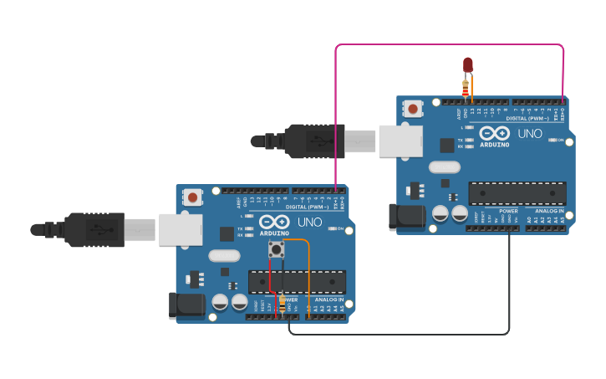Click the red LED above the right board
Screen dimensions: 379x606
click(x=467, y=64)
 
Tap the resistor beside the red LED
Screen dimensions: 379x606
click(x=466, y=87)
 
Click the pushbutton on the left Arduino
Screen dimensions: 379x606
click(x=276, y=249)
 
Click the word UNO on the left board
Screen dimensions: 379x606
click(x=309, y=222)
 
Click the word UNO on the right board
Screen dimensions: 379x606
click(x=530, y=133)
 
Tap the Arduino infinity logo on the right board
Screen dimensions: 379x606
click(x=494, y=134)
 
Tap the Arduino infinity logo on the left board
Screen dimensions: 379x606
click(x=274, y=223)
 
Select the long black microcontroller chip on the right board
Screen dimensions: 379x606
click(x=517, y=193)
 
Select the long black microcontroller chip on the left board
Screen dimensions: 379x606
click(x=297, y=282)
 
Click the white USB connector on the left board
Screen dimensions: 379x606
click(x=181, y=228)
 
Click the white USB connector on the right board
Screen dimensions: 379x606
click(x=400, y=141)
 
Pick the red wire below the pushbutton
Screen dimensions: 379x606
click(x=272, y=284)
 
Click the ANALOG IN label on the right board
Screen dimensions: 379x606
click(x=548, y=211)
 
